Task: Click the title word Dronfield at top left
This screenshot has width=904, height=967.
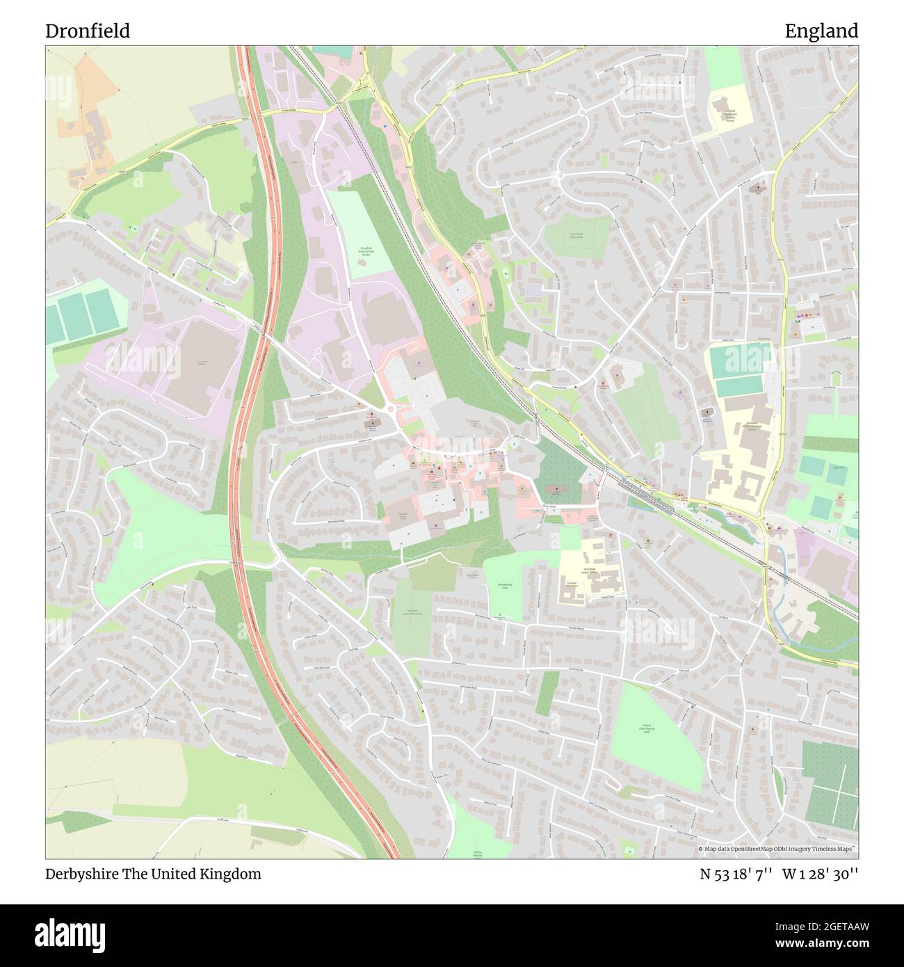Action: click(x=88, y=31)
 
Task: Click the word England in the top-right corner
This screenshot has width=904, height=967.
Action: click(x=821, y=31)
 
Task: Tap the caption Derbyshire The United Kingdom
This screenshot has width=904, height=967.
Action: click(x=154, y=874)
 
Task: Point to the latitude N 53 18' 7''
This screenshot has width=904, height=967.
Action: click(x=736, y=874)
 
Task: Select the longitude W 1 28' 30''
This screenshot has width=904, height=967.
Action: click(x=820, y=874)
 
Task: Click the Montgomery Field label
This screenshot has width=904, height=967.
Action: click(x=506, y=588)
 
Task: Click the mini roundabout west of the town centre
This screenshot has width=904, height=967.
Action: click(x=390, y=410)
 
